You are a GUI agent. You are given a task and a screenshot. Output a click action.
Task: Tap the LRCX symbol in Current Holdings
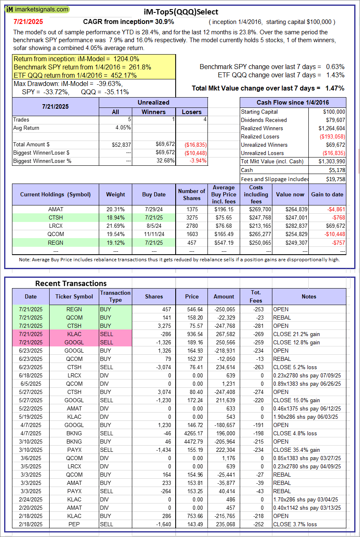(x=56, y=226)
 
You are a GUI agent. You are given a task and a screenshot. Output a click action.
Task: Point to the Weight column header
(x=115, y=194)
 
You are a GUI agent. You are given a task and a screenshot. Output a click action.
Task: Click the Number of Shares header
(x=191, y=194)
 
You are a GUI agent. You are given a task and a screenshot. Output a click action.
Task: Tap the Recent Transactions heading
(x=71, y=284)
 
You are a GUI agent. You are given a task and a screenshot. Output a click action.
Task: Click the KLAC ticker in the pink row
(x=74, y=334)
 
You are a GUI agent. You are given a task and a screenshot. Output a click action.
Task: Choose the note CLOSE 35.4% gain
(x=296, y=450)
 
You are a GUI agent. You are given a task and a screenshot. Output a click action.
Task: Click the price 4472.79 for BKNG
(x=192, y=442)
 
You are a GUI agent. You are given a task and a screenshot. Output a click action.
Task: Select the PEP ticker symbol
(x=74, y=524)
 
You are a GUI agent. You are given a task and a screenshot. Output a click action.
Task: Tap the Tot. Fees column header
(x=256, y=296)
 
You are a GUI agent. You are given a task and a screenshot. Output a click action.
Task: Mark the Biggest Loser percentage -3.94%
(x=198, y=161)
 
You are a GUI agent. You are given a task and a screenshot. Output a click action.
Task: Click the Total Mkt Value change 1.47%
(x=335, y=88)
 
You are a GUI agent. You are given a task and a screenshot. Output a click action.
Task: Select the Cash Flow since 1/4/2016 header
(x=293, y=103)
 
